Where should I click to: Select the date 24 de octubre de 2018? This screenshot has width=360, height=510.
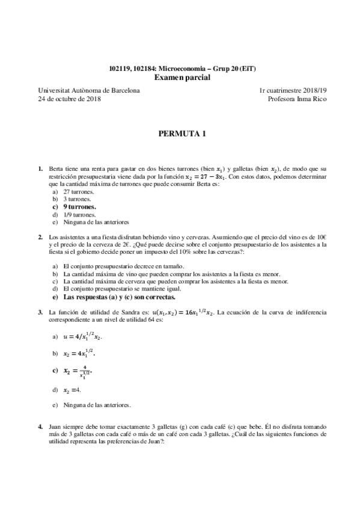(x=69, y=99)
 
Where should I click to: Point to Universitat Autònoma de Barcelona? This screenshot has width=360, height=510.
(x=89, y=90)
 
